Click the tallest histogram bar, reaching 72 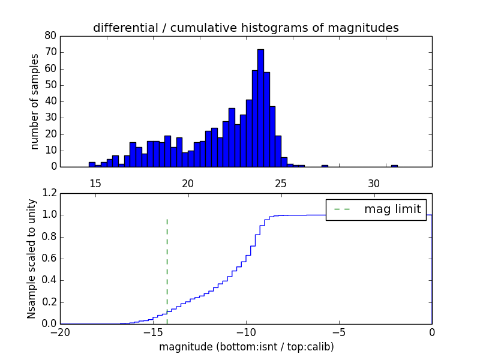[260, 108]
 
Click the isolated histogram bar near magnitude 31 [394, 166]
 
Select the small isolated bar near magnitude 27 [325, 166]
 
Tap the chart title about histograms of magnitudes [246, 28]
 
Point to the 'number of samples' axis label [35, 101]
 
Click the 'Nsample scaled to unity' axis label [31, 258]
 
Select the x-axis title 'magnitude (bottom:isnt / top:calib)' [246, 347]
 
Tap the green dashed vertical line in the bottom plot [167, 270]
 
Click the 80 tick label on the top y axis [50, 36]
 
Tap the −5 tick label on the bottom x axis [338, 332]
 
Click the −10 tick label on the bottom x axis [245, 332]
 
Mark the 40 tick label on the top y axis [50, 101]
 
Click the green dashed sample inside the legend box [343, 209]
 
